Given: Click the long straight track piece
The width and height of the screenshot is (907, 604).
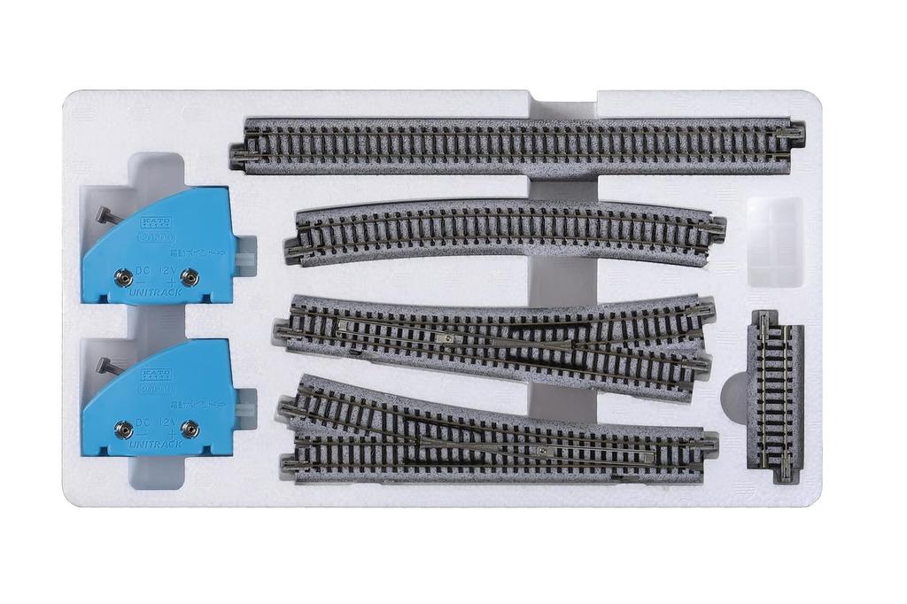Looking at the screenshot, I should (518, 144).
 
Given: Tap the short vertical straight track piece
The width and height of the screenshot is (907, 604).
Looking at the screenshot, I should (775, 398).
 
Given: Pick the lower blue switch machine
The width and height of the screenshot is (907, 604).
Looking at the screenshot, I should (159, 399).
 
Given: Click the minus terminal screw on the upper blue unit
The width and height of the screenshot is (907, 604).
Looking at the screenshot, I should (124, 278).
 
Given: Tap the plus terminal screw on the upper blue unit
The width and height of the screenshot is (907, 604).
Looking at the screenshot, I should (188, 278).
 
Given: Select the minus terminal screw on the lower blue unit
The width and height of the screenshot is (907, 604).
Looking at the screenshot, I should (124, 430).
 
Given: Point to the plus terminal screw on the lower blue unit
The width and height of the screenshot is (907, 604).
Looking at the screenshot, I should (188, 430).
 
